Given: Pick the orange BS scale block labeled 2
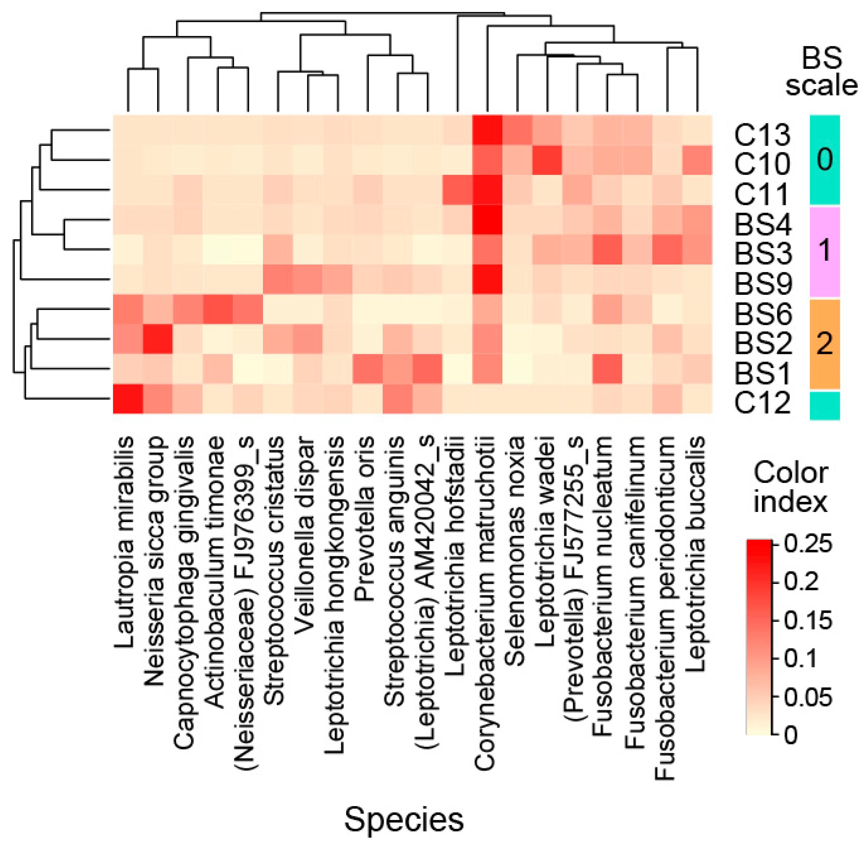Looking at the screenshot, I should click(x=824, y=343).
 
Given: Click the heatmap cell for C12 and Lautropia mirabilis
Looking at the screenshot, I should click(x=128, y=399).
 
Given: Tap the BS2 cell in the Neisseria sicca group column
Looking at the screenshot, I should click(x=158, y=339).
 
